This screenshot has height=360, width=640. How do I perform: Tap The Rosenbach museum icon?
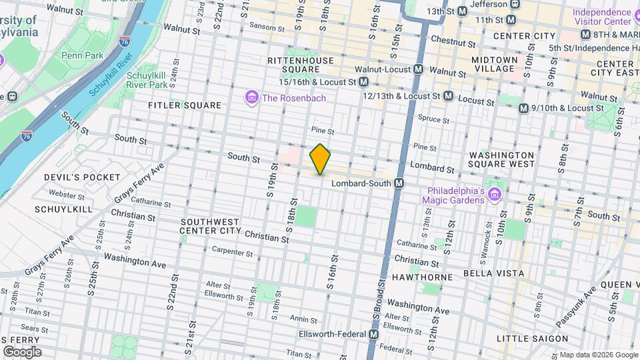(x=252, y=99)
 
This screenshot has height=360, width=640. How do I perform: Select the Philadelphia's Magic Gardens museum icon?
(x=494, y=195)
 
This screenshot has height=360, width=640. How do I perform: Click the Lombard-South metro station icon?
(x=399, y=183)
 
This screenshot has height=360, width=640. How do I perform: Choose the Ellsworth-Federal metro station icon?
(x=374, y=334)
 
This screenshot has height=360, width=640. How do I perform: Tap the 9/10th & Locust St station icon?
(x=523, y=108)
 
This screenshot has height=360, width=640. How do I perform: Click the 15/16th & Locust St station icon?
(x=363, y=82)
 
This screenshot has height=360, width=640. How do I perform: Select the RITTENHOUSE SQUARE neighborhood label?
(x=300, y=65)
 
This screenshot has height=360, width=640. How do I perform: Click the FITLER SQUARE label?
(x=185, y=105)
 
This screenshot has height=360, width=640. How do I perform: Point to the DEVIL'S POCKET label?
(x=82, y=177)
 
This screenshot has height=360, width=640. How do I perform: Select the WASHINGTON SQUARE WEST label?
(x=501, y=159)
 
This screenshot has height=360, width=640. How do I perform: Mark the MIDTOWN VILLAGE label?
(x=494, y=64)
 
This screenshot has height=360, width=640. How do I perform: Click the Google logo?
(x=22, y=352)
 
